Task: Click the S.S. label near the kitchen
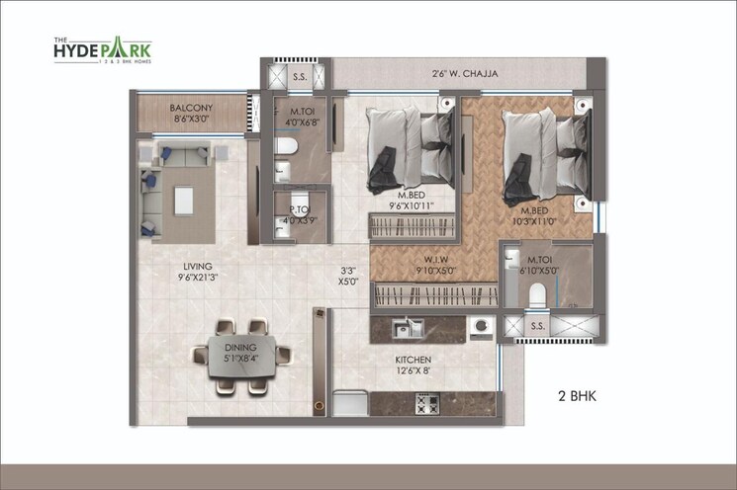click(x=537, y=325)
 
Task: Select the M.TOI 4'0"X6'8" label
click(x=297, y=118)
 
